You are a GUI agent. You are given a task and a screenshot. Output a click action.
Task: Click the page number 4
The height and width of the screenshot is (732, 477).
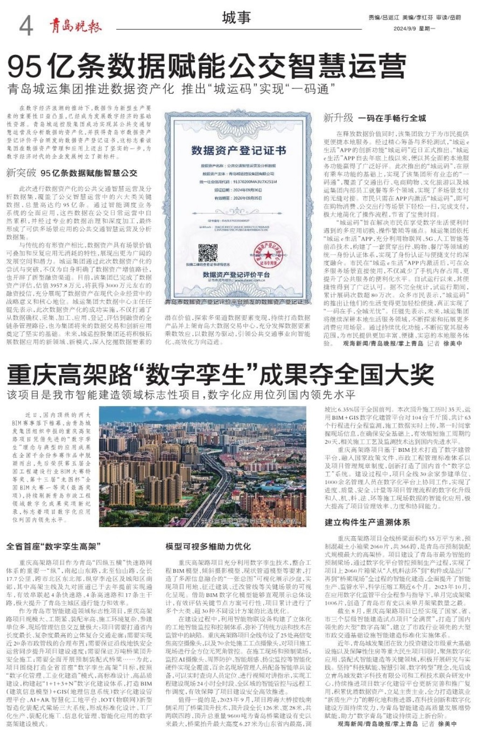coord(26,25)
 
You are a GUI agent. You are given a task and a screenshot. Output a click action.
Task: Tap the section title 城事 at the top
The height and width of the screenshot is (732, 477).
coord(237,18)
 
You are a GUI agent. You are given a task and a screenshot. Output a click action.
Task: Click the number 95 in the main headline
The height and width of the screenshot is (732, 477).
coord(24,67)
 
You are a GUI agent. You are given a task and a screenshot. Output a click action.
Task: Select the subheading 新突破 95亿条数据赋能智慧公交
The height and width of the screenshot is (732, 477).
coord(72,173)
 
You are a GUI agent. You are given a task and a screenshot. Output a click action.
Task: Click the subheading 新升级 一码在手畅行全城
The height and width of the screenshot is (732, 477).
coord(375,118)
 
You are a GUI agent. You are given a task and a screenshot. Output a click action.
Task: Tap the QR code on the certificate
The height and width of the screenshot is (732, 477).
coord(208,253)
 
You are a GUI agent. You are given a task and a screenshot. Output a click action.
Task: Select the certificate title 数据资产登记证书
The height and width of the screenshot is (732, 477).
coord(238,150)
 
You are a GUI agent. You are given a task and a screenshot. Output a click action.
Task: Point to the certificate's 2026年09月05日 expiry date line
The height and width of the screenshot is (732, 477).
coord(238,198)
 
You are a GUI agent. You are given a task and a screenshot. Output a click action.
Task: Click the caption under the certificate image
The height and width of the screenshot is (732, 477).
coord(237,303)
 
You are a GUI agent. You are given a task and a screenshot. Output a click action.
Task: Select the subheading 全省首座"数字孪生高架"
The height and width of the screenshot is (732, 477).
coord(54,546)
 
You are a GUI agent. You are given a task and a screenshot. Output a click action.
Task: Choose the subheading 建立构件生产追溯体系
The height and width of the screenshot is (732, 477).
coord(367,522)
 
